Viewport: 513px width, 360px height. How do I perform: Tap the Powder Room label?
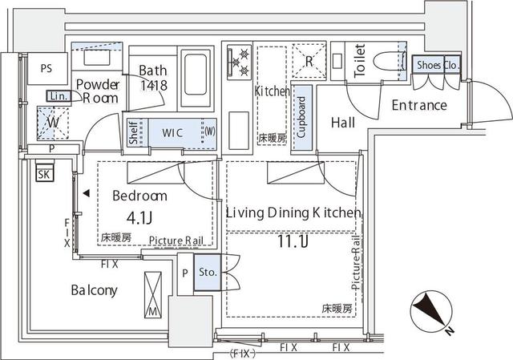[98, 91]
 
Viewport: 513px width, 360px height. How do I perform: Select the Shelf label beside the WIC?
[134, 132]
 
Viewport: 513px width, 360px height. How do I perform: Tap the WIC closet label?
[173, 131]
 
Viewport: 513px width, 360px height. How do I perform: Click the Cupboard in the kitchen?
[301, 118]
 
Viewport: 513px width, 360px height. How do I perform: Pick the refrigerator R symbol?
[309, 59]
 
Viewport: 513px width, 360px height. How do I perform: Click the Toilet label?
[360, 59]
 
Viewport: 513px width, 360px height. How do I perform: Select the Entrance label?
[418, 105]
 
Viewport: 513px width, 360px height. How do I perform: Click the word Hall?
[343, 122]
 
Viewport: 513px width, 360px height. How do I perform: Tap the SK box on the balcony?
[44, 173]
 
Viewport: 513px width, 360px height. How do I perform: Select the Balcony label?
[94, 290]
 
